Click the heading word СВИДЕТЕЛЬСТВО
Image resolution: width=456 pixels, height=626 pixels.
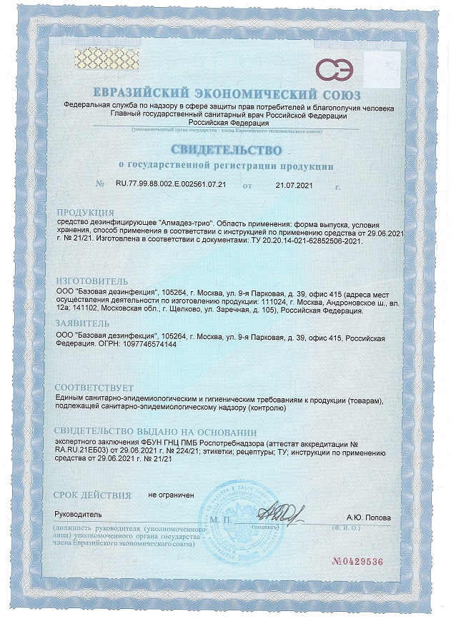[x=227, y=149]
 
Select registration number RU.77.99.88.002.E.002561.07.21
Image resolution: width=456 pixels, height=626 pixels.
[x=171, y=184]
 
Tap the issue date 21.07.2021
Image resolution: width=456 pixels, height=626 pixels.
[x=294, y=184]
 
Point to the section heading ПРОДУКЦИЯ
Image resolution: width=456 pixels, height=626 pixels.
[x=84, y=213]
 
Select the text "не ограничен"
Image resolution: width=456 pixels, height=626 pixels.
[x=172, y=494]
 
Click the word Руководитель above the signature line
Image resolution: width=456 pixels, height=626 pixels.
[x=79, y=514]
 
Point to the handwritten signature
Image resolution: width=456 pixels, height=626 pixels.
[x=281, y=512]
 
